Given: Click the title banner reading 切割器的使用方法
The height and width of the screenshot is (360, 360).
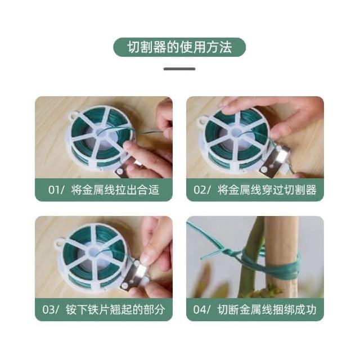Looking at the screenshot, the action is click(179, 47).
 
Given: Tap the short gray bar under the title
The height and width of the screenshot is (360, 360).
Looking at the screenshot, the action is click(179, 69).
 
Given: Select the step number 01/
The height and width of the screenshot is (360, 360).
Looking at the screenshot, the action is click(56, 190).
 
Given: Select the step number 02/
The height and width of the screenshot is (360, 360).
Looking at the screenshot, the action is click(201, 190).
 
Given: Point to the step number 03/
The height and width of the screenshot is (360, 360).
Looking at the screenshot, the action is click(51, 309).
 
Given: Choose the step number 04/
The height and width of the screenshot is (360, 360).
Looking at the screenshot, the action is click(201, 309).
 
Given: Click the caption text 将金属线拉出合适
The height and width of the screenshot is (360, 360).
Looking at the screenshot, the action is click(115, 190).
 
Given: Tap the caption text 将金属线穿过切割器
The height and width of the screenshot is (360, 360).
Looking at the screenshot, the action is click(267, 190).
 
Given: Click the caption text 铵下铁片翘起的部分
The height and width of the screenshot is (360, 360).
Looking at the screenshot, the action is click(115, 309).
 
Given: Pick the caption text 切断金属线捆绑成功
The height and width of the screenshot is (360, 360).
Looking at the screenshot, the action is click(267, 309).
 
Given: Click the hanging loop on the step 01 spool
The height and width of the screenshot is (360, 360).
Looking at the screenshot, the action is click(73, 115).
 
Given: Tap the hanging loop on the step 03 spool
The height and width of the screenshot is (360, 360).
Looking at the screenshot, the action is click(58, 244).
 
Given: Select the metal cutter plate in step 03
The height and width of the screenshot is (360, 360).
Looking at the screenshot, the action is click(134, 276).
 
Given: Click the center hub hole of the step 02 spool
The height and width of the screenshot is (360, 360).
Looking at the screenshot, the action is click(236, 133).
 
